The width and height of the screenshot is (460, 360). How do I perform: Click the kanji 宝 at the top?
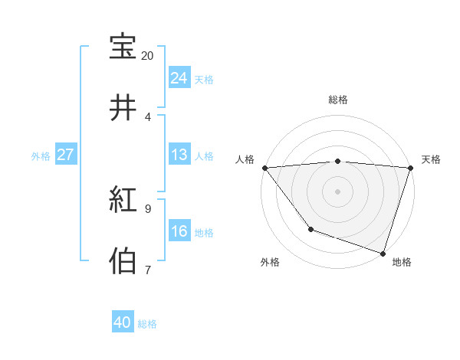coord(123,47)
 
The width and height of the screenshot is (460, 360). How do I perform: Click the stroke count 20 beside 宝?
coord(147,56)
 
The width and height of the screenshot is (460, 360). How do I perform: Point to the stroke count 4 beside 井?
coord(147,116)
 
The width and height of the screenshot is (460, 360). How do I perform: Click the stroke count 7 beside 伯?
coord(147,270)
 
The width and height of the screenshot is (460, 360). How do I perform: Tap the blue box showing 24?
coord(179,78)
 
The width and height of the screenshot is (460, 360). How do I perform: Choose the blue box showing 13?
coord(179,155)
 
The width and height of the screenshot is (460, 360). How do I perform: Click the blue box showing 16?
coord(179,231)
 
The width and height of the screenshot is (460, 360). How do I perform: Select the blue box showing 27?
coord(66,155)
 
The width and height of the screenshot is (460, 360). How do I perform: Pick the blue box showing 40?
coord(123,322)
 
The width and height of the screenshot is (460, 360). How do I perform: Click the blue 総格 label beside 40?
coord(147,324)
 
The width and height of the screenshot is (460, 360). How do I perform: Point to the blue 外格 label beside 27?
coord(41,156)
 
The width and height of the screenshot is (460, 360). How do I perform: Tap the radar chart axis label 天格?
coord(431,159)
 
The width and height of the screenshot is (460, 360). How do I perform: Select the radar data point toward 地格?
coord(383,253)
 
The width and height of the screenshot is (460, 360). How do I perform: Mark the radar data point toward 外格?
coord(310,228)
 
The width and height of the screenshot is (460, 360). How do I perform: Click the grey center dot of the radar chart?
coord(337,191)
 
